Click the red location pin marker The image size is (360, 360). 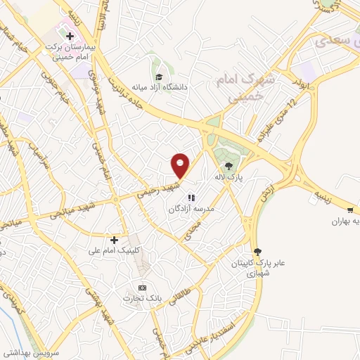click(x=181, y=166)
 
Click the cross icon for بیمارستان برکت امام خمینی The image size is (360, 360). click(x=70, y=36)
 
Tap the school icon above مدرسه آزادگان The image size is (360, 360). click(x=191, y=198)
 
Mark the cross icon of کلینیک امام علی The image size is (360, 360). click(x=114, y=240)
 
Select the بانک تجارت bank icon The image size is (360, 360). click(x=142, y=288)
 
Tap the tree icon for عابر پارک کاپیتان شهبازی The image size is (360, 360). click(x=257, y=251)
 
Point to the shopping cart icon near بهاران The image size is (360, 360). click(x=350, y=210)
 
